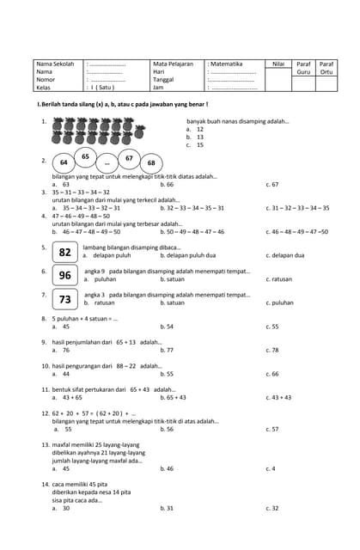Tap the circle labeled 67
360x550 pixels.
[128, 158]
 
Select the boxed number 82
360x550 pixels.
[65, 252]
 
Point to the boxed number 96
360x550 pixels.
[65, 275]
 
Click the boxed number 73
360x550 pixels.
[65, 299]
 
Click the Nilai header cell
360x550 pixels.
[278, 64]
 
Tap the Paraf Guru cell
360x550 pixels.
[303, 68]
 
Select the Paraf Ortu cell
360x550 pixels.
[326, 68]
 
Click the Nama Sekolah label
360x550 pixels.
[55, 64]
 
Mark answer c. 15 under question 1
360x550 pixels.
[195, 145]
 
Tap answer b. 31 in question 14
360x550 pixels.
[167, 508]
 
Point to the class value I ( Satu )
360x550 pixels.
[101, 88]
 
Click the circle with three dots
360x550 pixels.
[107, 163]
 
